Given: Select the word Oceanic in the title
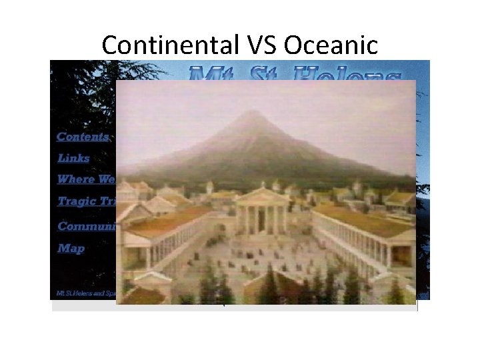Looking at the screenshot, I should click(331, 45).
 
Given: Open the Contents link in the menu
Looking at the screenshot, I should click(83, 137).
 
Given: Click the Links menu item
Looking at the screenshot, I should click(73, 158).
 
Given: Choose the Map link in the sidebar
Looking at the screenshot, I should click(71, 248).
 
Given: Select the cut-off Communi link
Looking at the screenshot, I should click(87, 226).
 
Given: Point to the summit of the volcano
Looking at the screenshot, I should click(250, 114).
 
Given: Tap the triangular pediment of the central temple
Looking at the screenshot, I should click(262, 196).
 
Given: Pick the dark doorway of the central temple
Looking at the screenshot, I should click(262, 221).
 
